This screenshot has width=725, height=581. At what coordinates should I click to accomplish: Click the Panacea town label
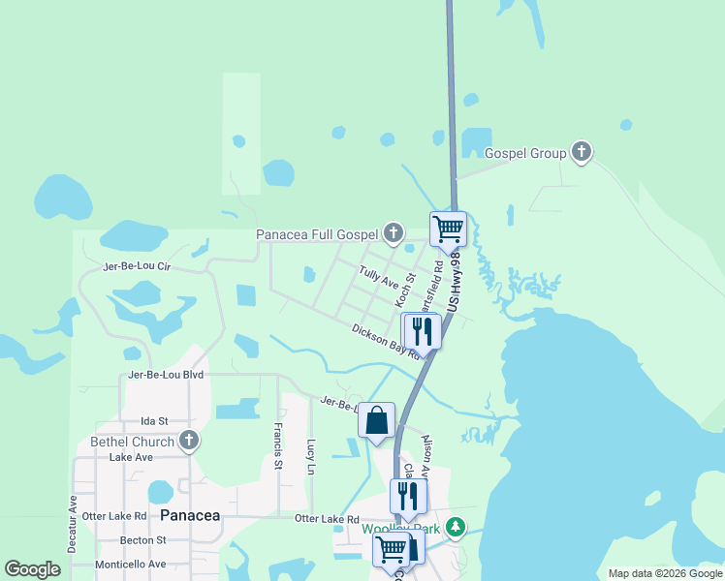point(190,515)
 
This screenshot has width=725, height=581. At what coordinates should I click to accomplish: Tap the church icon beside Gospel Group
point(582,152)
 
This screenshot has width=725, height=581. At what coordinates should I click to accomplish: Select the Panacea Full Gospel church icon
point(393,233)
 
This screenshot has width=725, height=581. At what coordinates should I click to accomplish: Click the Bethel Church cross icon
point(189,442)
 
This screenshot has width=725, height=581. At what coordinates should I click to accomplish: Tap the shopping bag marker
point(376,421)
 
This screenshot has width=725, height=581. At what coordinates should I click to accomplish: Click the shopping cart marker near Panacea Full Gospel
point(448,229)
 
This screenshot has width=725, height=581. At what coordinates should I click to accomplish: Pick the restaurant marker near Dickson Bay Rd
point(422,331)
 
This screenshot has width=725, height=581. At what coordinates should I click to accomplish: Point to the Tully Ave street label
point(379,280)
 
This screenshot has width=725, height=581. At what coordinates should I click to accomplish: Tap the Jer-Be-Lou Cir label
point(136,265)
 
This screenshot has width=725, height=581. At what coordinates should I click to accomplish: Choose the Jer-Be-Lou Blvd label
point(166,374)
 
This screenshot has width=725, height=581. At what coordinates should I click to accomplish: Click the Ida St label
point(154,420)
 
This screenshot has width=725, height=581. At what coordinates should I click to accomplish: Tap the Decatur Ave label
point(73,524)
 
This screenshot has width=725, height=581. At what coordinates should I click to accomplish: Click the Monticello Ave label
point(130,564)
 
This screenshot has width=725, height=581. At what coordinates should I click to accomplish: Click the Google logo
point(32,569)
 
